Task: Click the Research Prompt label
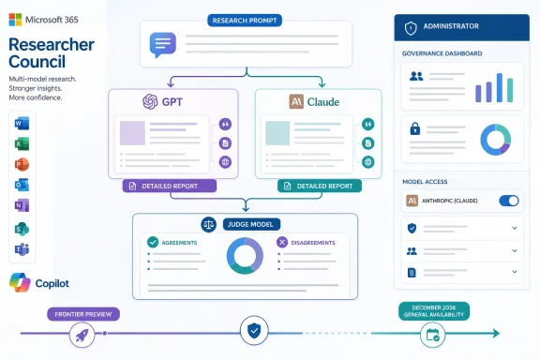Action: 245,21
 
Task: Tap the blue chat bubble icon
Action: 163,44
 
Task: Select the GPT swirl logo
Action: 150,101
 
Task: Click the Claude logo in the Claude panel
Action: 296,101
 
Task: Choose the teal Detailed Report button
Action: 320,186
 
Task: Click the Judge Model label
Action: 252,225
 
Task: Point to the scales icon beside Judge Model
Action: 209,225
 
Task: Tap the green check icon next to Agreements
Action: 153,242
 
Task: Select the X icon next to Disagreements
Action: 282,242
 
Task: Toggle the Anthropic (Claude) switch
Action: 509,201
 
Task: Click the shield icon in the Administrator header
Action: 411,28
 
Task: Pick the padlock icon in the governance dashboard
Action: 415,128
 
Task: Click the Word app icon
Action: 22,124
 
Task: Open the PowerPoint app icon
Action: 22,164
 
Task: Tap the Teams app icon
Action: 22,249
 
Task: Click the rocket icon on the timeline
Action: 82,335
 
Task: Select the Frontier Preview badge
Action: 83,314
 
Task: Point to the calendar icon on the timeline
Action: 432,335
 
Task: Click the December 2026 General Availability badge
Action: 434,311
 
